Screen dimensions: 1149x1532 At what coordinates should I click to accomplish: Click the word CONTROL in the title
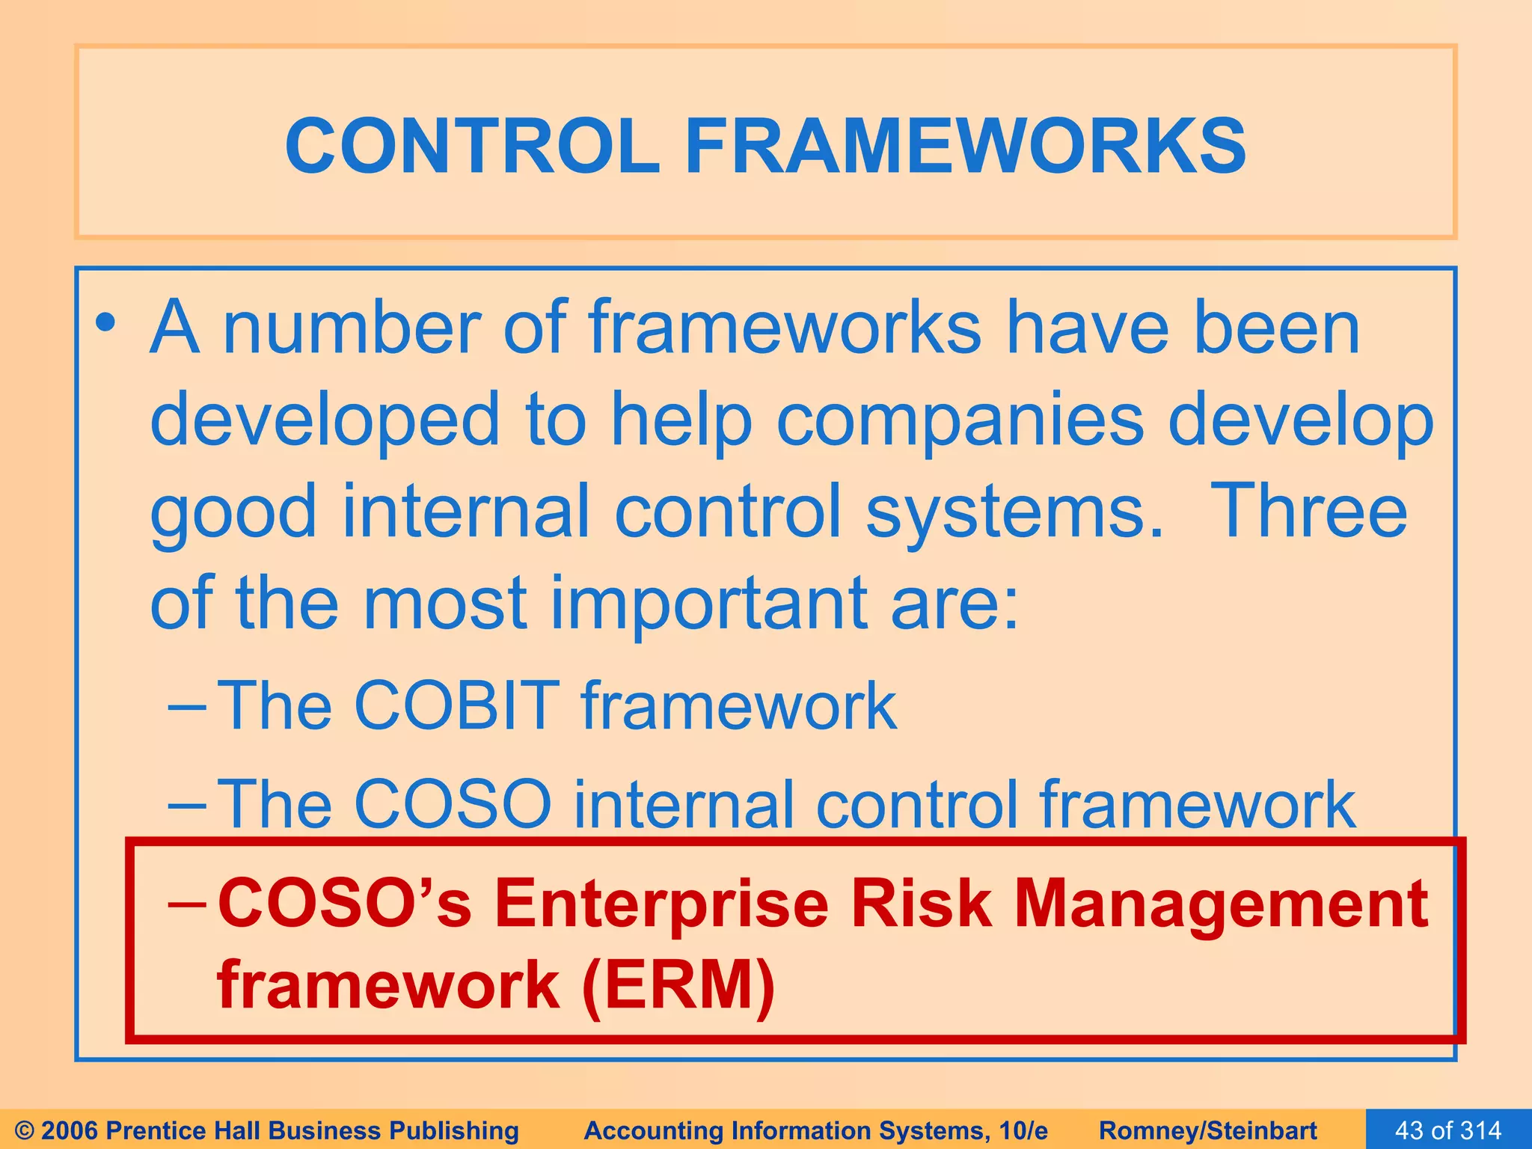472,147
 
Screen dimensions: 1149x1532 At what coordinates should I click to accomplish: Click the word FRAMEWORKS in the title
965,147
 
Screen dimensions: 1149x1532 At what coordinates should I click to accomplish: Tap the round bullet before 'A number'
106,324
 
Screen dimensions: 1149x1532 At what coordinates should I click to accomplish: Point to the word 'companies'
960,420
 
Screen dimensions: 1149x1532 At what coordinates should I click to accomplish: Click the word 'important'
708,603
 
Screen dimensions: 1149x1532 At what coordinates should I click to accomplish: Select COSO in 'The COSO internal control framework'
452,804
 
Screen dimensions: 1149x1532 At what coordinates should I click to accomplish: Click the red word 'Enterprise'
661,904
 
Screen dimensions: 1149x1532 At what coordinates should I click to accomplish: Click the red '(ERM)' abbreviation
678,984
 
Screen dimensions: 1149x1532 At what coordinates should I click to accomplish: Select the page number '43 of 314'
1448,1130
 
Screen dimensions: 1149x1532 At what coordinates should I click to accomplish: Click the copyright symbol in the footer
25,1130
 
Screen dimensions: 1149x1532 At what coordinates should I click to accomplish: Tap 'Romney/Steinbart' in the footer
1208,1130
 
